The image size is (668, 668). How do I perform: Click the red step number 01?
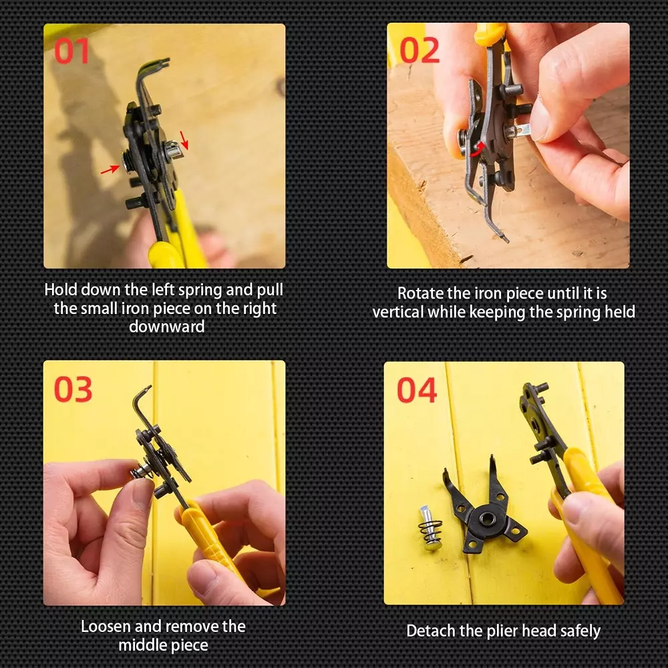[71, 51]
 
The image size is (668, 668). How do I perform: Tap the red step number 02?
[420, 51]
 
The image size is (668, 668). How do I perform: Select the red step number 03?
[73, 389]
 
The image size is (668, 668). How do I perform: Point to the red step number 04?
[417, 390]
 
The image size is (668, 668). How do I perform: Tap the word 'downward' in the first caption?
[166, 327]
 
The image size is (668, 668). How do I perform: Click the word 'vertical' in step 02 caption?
[398, 312]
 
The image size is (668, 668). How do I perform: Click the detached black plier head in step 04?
[484, 509]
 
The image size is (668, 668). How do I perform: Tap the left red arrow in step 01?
[109, 171]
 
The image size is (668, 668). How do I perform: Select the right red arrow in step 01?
[184, 140]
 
